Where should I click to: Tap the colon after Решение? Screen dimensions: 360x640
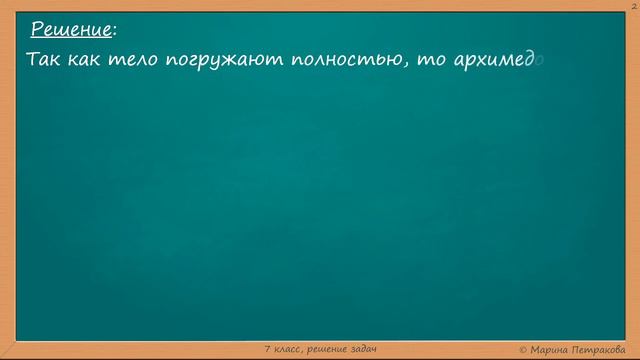point(114,30)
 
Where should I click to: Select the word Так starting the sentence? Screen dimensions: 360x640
point(44,59)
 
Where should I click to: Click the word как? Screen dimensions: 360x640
point(85,59)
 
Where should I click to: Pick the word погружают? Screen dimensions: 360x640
point(212,60)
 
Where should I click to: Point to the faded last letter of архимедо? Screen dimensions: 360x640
point(539,60)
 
